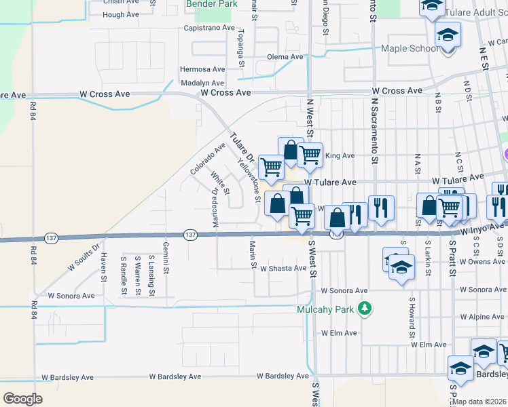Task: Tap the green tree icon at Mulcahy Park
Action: (365, 309)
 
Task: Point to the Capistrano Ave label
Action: (208, 28)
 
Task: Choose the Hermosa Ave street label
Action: (202, 69)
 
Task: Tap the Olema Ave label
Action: (284, 57)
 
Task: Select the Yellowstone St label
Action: (249, 180)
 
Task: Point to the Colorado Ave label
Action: (208, 159)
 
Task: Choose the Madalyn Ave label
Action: (202, 83)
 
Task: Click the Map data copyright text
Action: (479, 402)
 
